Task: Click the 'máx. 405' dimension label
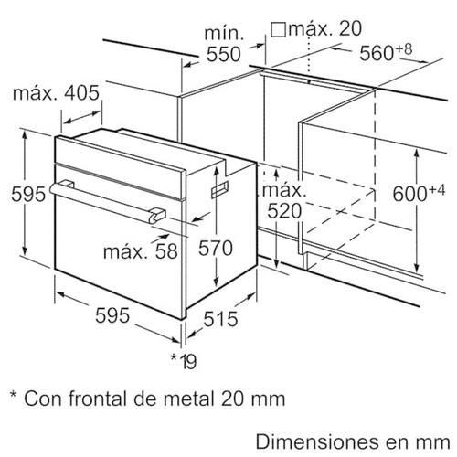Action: point(56,93)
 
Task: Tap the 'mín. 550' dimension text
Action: point(224,45)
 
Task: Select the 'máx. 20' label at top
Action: point(325,28)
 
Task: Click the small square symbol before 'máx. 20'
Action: point(278,30)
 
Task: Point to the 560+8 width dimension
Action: point(386,52)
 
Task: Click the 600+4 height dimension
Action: point(419,193)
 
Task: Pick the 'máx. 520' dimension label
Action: point(284,201)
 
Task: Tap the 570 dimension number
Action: point(216,248)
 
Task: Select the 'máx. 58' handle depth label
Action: point(141,251)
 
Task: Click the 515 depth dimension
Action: point(220,319)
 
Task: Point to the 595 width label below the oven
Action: point(112,315)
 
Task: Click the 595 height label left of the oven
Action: point(28,194)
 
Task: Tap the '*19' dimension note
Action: point(184,361)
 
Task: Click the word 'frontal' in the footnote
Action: point(98,398)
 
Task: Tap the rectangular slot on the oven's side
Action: point(219,189)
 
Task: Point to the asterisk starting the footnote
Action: point(13,394)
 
